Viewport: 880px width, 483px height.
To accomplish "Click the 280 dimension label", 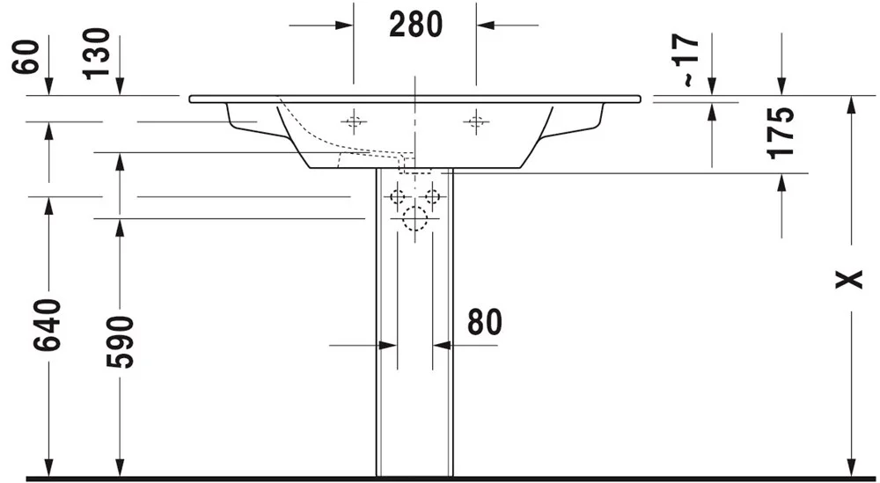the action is click(416, 25).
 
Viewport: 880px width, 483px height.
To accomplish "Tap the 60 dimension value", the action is click(26, 56).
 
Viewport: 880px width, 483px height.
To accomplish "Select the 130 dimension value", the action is click(96, 54).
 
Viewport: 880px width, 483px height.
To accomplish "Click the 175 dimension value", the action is click(781, 133).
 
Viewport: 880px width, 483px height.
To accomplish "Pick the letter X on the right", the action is click(849, 279).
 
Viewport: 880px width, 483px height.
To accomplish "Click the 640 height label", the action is click(48, 326).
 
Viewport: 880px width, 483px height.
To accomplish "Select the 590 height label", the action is click(120, 342).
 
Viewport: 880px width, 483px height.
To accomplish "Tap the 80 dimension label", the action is click(484, 322).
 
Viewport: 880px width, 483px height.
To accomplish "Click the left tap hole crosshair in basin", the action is click(354, 121).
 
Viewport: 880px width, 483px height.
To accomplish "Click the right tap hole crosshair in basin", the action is click(476, 121).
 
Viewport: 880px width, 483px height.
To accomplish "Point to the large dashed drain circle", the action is click(414, 219).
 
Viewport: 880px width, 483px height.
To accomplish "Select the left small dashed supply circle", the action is click(398, 197).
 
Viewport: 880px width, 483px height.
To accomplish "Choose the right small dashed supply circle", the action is click(432, 197).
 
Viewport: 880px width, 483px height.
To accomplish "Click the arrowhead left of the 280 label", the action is click(344, 26).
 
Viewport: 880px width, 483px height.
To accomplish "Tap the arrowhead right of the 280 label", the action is click(486, 26).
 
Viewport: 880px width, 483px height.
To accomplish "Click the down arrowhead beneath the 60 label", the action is click(48, 86).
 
